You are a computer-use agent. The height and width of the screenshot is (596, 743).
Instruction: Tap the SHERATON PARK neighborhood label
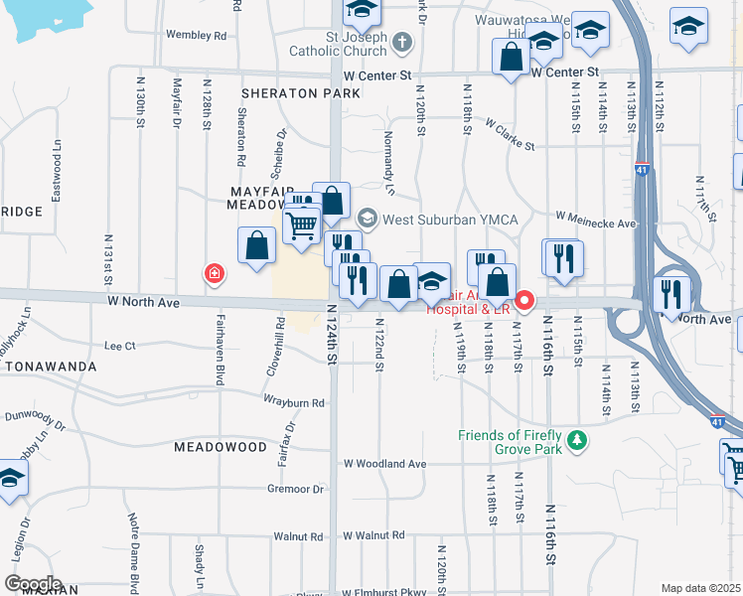[300, 93]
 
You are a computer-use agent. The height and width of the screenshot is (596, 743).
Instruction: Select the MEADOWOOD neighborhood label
[221, 447]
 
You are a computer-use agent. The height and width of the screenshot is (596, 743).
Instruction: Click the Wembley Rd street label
[197, 35]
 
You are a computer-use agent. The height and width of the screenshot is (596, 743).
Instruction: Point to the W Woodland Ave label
[384, 464]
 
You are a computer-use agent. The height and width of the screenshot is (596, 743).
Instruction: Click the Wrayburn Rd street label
[294, 402]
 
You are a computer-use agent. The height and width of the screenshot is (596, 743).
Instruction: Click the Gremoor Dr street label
[296, 489]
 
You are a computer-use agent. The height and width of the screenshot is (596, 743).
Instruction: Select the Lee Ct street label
[119, 346]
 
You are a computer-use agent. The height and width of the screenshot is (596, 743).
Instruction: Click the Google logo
[33, 583]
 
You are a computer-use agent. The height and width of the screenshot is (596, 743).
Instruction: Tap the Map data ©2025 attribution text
[700, 588]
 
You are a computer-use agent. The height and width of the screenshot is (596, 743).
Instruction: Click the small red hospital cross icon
[213, 273]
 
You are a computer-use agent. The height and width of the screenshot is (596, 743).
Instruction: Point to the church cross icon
[401, 42]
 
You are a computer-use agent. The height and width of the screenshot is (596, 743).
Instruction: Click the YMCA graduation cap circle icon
[368, 218]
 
